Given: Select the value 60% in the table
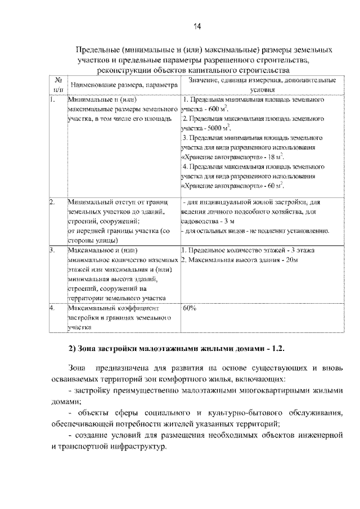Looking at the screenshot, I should pos(189,309).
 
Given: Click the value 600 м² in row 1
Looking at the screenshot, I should pos(217,108).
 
